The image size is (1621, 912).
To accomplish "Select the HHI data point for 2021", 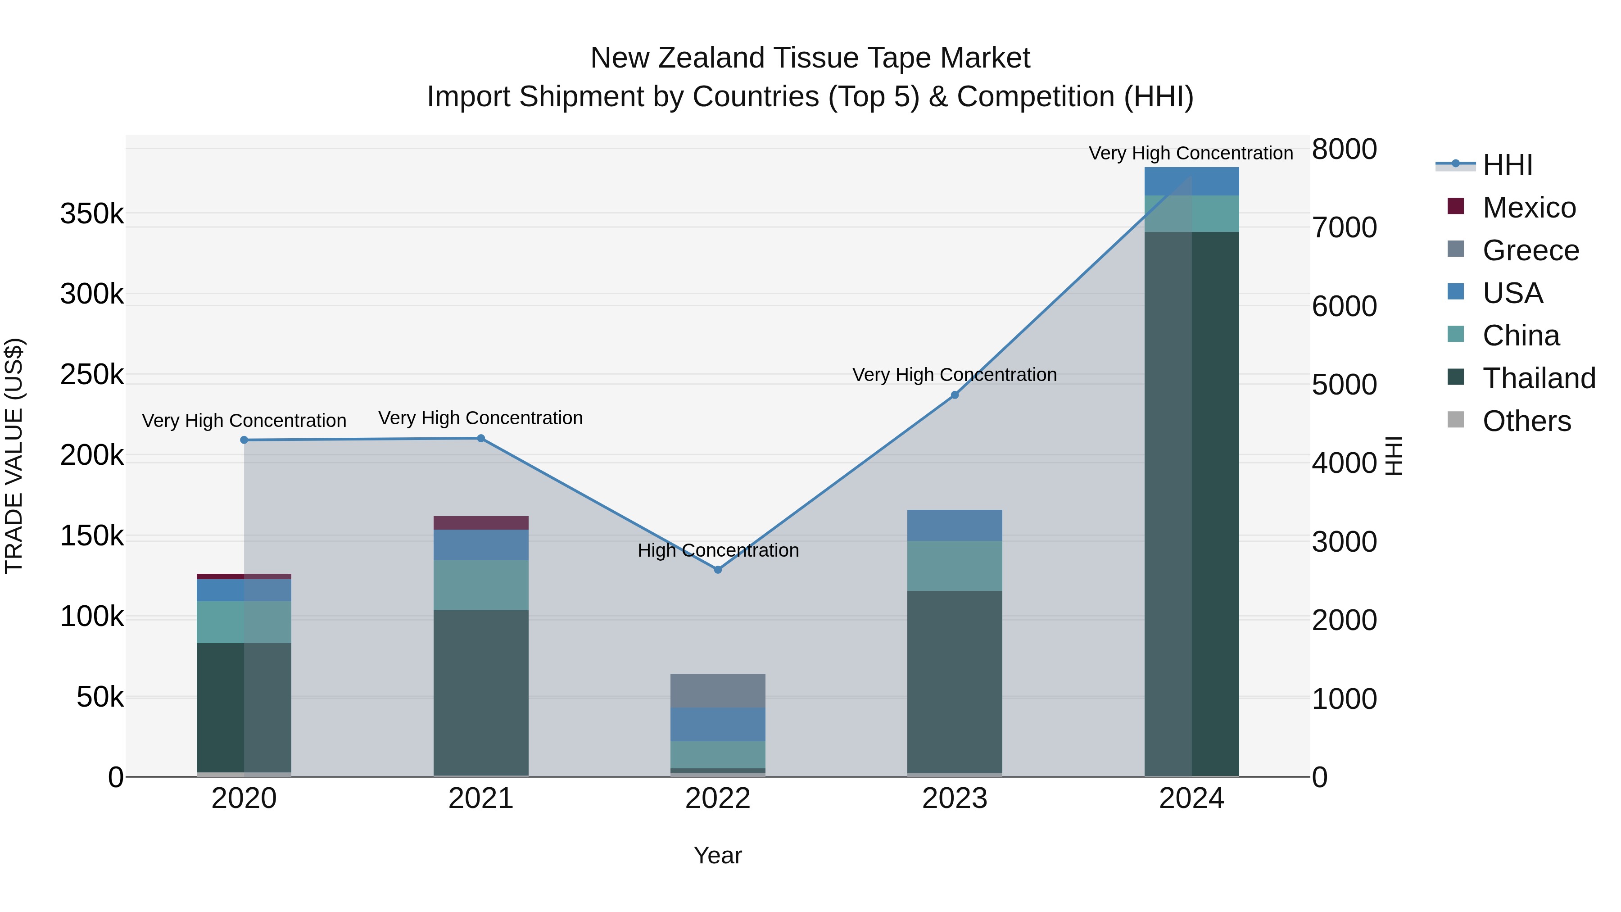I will (481, 439).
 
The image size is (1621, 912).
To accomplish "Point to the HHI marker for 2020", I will (244, 440).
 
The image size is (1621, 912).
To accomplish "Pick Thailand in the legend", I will (1539, 379).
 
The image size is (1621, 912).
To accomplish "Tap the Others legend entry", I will (1526, 422).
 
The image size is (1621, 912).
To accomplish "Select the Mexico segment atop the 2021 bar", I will (481, 523).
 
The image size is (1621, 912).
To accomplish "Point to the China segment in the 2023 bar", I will (955, 566).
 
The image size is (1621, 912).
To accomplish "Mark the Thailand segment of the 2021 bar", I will (481, 692).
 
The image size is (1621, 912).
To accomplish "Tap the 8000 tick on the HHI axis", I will (1344, 150).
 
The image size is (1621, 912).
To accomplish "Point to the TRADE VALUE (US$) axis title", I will (14, 456).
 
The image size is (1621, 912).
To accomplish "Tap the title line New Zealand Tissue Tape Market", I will (810, 58).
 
